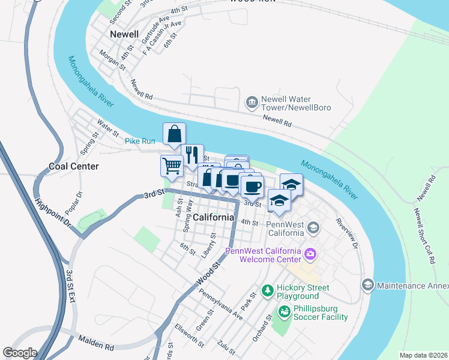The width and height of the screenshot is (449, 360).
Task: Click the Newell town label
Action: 124,34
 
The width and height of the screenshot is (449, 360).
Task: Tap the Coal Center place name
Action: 74,166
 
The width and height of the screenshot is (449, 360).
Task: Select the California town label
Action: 213,217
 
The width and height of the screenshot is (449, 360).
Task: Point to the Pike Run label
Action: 140,141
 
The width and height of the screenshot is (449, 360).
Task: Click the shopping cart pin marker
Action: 172,166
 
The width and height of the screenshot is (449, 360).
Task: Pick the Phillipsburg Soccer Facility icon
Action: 283,311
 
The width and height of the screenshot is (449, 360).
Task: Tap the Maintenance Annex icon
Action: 367,284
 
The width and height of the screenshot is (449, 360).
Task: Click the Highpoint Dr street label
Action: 53,213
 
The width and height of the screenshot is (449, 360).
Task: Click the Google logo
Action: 20,353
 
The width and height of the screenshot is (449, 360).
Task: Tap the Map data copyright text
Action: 423,355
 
